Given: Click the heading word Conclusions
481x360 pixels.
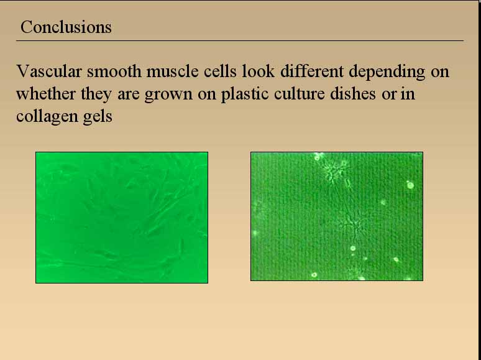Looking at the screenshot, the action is click(x=66, y=27).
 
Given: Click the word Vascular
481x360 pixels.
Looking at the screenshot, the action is click(x=49, y=72).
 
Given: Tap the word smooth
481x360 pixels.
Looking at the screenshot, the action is click(x=114, y=72).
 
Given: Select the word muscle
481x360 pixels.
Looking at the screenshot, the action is click(x=172, y=72).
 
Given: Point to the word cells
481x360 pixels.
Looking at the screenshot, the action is click(x=220, y=72).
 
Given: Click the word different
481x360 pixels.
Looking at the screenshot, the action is click(x=312, y=72).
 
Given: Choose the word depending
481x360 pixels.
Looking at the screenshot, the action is click(x=387, y=72).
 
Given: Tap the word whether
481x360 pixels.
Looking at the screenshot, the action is click(x=46, y=94).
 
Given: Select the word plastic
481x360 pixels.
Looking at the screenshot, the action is click(x=245, y=95).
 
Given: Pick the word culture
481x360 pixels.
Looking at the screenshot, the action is click(x=299, y=94).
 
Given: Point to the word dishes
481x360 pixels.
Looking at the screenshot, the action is click(x=353, y=94).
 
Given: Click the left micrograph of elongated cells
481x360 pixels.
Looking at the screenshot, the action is click(x=122, y=217).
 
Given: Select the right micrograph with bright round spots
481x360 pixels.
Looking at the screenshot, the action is click(x=337, y=216).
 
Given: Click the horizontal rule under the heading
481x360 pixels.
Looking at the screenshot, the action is click(x=240, y=40).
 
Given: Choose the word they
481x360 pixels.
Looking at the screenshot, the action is click(x=96, y=95).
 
